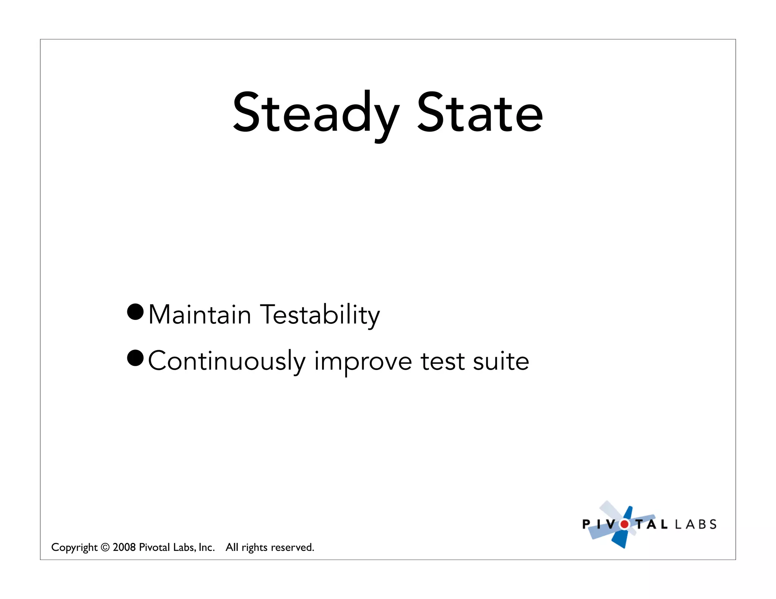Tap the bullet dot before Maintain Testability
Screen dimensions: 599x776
coord(135,312)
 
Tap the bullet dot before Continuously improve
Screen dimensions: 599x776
coord(135,358)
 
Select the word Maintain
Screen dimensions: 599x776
coord(200,315)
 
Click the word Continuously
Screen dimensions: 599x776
coord(226,361)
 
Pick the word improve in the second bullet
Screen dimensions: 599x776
coord(363,361)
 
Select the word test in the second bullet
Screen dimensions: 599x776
coord(442,361)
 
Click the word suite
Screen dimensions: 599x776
coord(501,361)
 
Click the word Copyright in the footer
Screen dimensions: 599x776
coord(74,548)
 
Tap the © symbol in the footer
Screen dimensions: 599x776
coord(105,548)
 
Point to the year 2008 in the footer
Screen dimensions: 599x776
coord(124,548)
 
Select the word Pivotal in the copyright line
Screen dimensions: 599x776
coord(154,548)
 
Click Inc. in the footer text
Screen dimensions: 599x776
coord(207,548)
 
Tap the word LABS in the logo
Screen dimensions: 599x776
coord(696,524)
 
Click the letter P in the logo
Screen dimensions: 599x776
coord(586,524)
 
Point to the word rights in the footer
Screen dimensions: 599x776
coord(255,548)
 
